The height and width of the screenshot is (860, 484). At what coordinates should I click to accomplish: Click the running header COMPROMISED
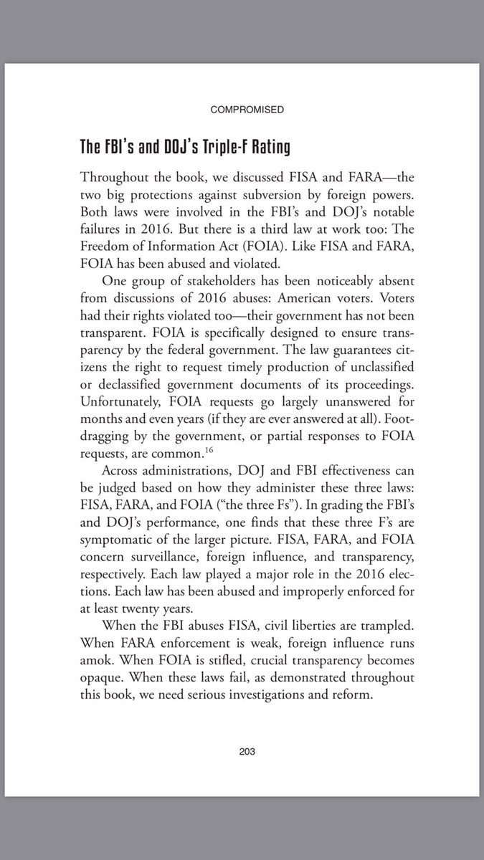[247, 110]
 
